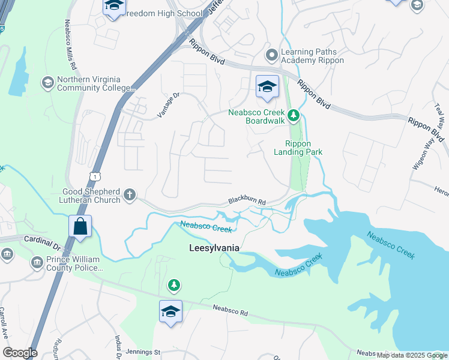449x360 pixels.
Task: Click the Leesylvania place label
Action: click(x=214, y=248)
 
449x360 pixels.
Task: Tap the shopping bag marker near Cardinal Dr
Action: click(x=80, y=227)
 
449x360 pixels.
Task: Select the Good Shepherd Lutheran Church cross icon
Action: click(x=129, y=194)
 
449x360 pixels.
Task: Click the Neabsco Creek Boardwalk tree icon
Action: click(x=294, y=115)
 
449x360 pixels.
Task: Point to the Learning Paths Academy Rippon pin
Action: click(x=272, y=55)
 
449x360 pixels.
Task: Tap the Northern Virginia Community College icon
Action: click(x=47, y=82)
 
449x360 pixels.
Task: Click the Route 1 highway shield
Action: click(x=94, y=175)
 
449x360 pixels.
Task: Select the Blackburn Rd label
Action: click(x=247, y=203)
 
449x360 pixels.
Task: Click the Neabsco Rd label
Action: click(x=231, y=310)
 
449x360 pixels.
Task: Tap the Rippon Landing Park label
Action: click(x=303, y=148)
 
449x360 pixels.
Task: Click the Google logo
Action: click(x=20, y=353)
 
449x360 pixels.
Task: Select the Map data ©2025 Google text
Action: click(x=412, y=355)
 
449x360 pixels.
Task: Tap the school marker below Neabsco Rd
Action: click(x=170, y=312)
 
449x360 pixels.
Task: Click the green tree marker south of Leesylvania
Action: click(x=173, y=284)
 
